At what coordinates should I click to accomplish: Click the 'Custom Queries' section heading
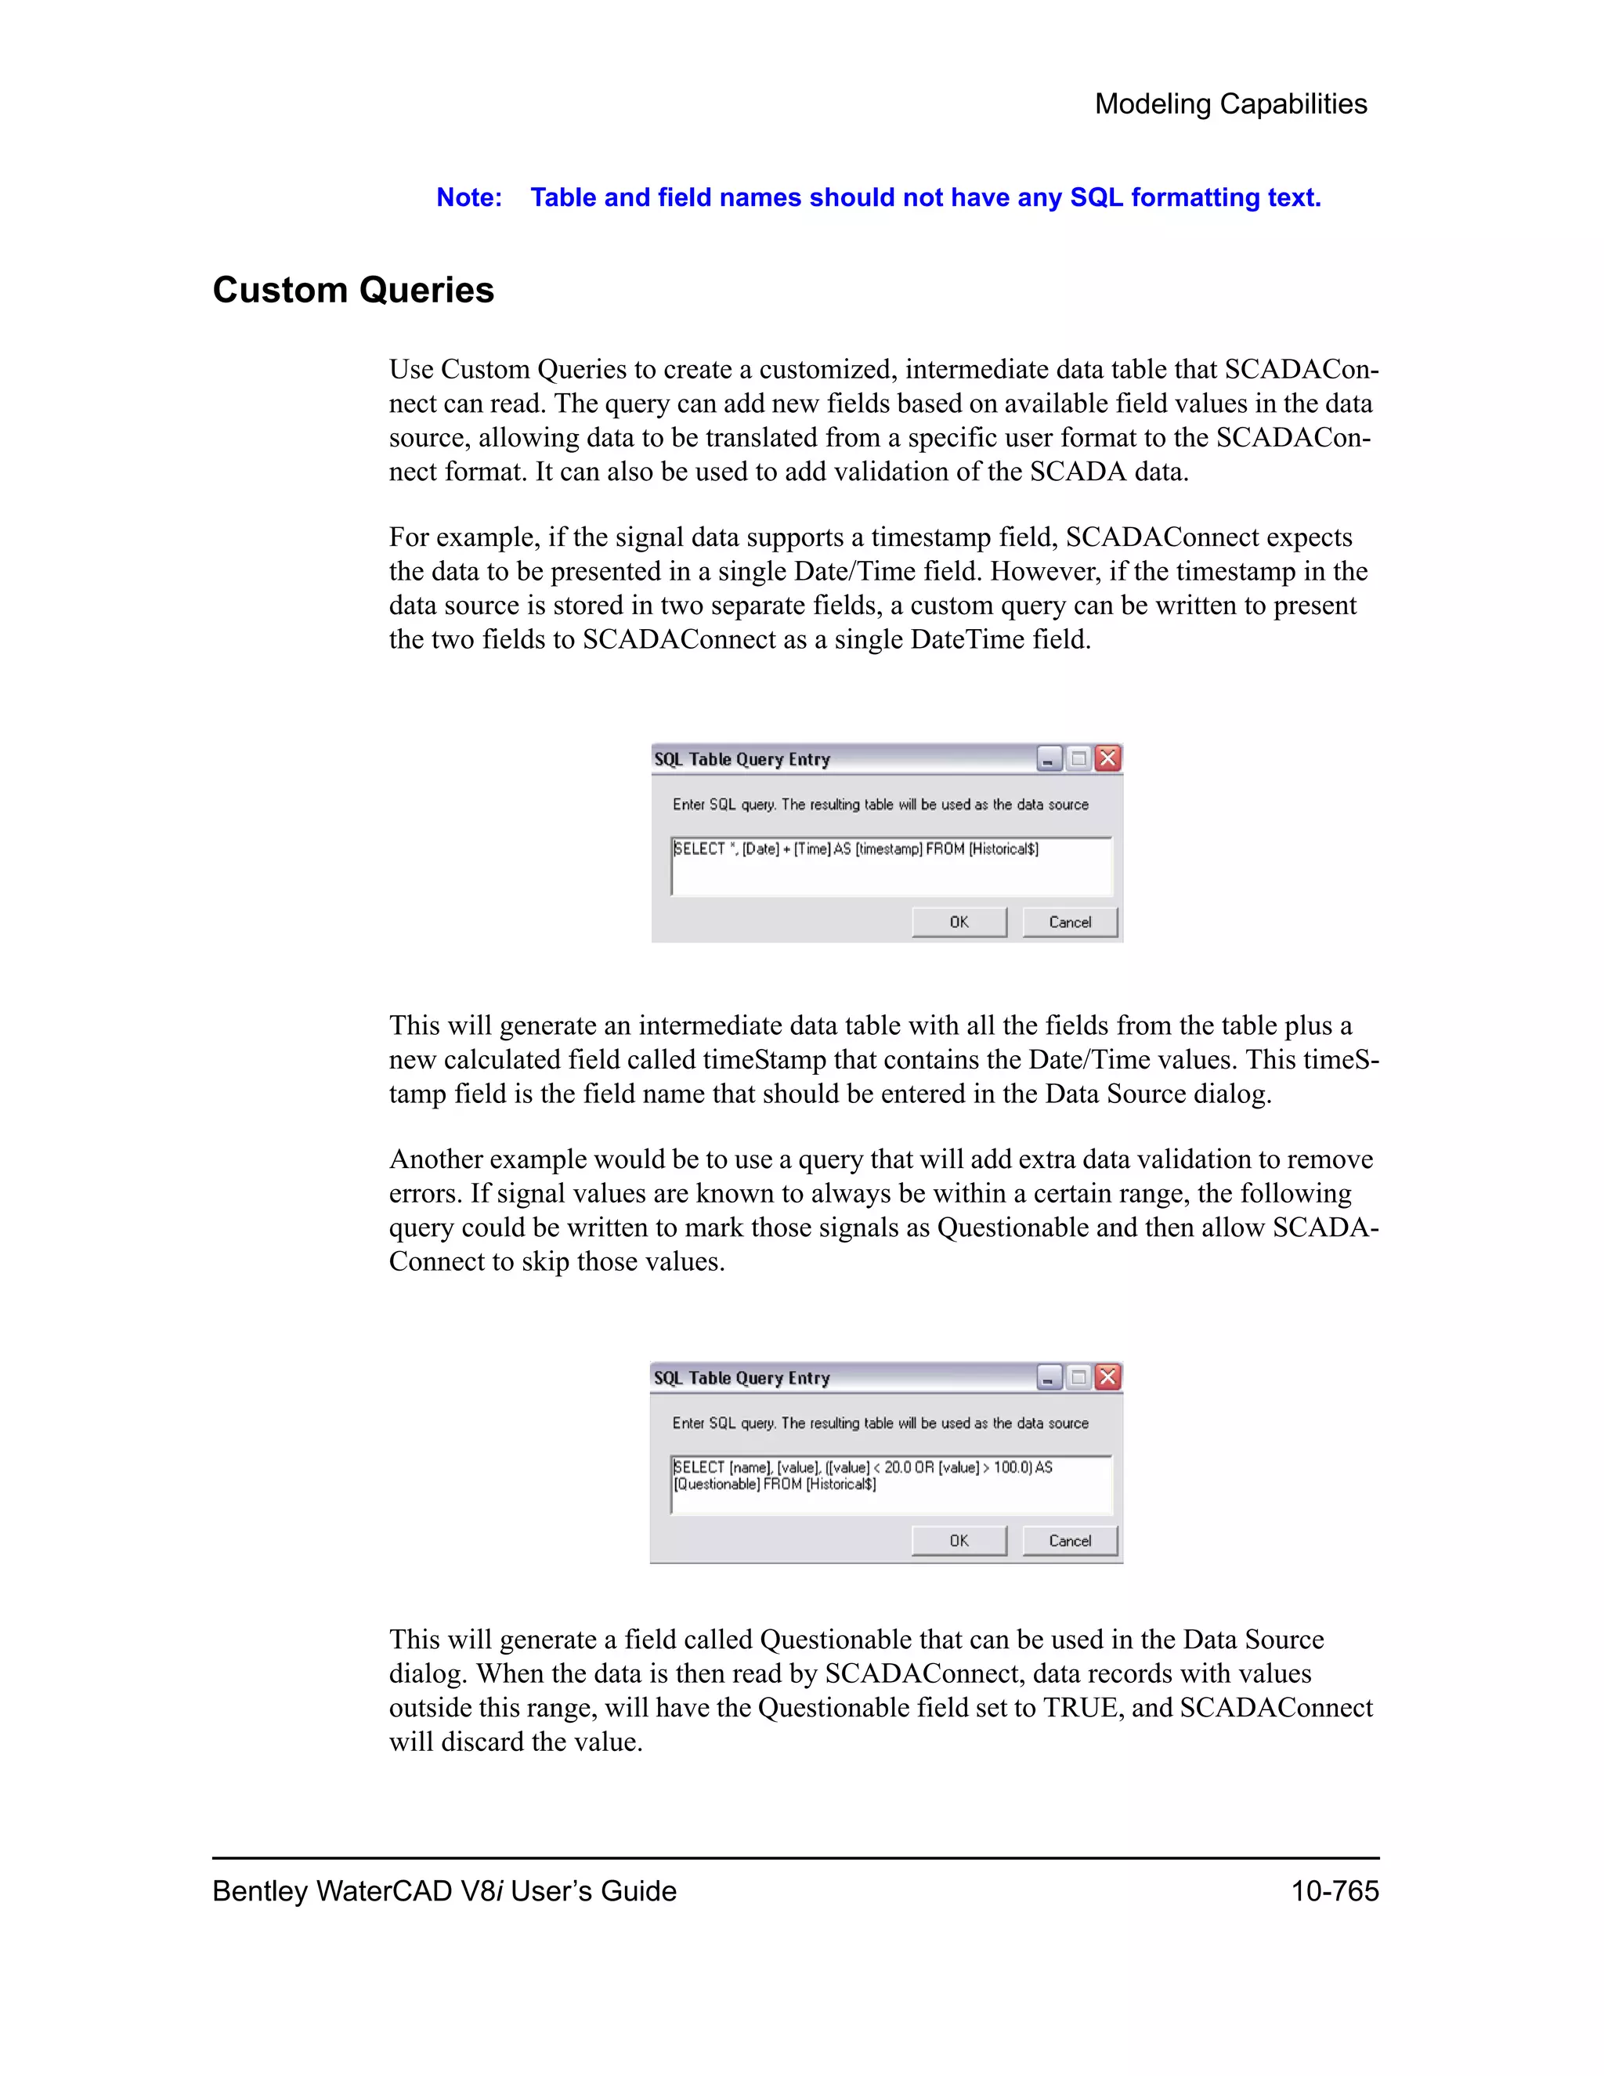[352, 290]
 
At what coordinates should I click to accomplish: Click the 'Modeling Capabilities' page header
[1230, 103]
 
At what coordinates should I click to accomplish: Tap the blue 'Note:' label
[468, 197]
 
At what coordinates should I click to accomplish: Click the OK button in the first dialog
[959, 922]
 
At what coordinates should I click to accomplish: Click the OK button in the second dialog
[959, 1541]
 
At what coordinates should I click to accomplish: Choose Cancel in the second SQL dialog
[1069, 1541]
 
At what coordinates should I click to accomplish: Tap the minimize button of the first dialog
[1048, 759]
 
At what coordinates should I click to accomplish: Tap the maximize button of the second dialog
[1078, 1377]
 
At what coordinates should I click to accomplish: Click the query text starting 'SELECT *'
[855, 849]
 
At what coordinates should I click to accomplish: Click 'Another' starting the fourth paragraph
[440, 1159]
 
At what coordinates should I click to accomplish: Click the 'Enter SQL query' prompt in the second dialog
[880, 1423]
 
